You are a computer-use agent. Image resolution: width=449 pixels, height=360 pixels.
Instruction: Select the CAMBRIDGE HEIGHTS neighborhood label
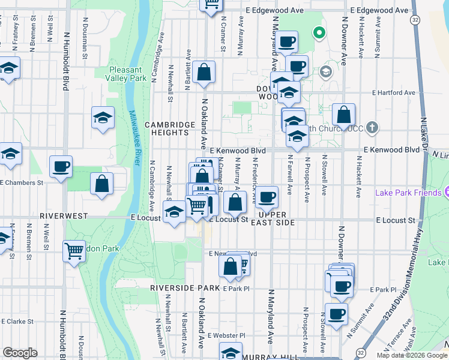coord(170,128)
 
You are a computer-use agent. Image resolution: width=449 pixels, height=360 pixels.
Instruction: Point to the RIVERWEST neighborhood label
coord(64,215)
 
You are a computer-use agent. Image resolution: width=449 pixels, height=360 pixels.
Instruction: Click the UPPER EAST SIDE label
coord(276,218)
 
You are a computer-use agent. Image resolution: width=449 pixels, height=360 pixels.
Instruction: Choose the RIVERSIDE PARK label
coord(185,288)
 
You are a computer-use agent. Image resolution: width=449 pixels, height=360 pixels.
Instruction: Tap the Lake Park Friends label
coord(408,193)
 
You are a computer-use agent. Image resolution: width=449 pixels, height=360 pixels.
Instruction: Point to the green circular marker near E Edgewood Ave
coord(319,33)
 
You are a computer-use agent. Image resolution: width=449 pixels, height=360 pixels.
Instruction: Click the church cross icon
coord(373,127)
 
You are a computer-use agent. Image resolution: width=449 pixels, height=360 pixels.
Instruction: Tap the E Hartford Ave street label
coord(393,93)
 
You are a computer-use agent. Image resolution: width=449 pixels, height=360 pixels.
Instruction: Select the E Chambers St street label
coord(22,182)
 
